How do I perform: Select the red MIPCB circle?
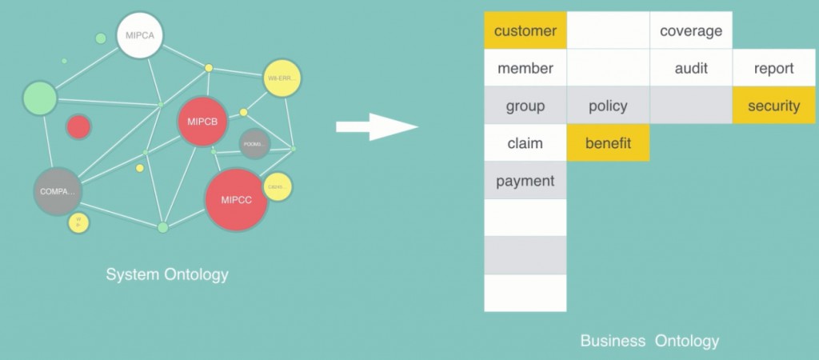click(x=202, y=122)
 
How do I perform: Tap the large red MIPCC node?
click(x=236, y=200)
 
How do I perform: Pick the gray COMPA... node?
click(x=58, y=192)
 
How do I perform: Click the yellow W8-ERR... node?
click(x=282, y=78)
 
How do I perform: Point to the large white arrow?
click(x=376, y=126)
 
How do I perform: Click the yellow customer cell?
click(x=525, y=31)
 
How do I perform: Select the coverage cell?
click(x=691, y=31)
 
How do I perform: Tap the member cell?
click(x=525, y=69)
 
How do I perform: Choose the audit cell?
click(x=691, y=69)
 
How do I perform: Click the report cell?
click(x=773, y=69)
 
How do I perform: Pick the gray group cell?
click(x=525, y=106)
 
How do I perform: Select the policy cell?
click(x=608, y=106)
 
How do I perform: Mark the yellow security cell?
click(x=773, y=106)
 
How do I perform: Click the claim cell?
click(x=525, y=143)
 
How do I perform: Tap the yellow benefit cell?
click(x=608, y=143)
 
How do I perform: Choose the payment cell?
click(x=525, y=181)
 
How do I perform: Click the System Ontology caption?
click(x=167, y=274)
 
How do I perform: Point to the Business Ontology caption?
click(x=649, y=341)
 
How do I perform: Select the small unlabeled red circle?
click(x=78, y=126)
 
